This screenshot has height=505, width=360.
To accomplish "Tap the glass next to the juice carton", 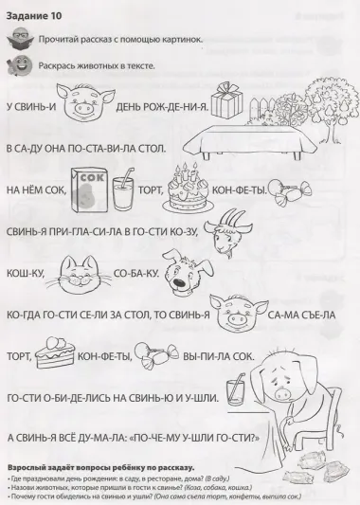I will [x=122, y=196].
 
